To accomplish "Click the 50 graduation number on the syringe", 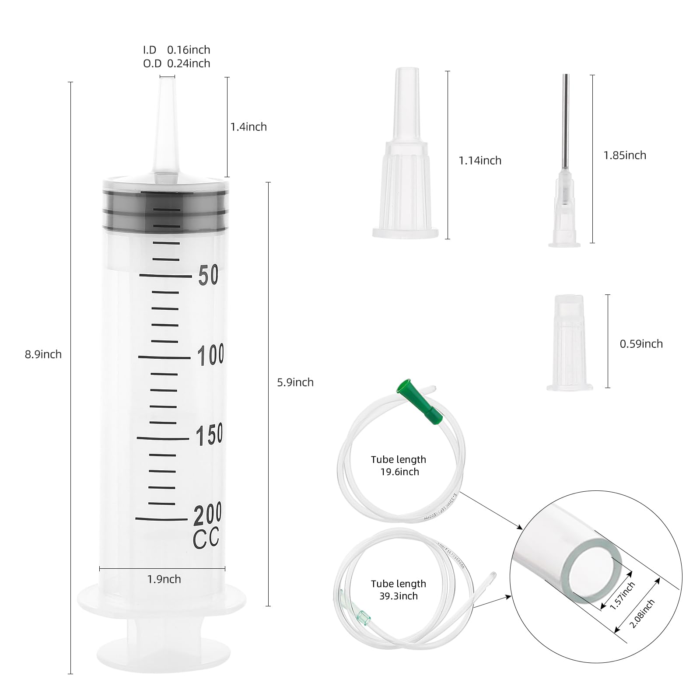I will tap(208, 276).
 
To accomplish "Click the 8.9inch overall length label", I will tap(43, 354).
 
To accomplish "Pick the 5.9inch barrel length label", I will tap(295, 382).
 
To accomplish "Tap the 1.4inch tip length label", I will tap(248, 127).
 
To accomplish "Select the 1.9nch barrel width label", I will tap(164, 579).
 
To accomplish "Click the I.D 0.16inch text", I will tap(177, 50).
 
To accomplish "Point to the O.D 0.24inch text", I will tap(177, 63).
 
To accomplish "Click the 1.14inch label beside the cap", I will tap(480, 161).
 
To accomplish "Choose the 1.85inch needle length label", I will tap(625, 155).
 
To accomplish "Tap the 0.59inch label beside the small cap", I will tap(641, 344).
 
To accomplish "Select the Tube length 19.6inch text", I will tap(398, 465).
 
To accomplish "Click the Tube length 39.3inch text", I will tap(398, 590).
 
